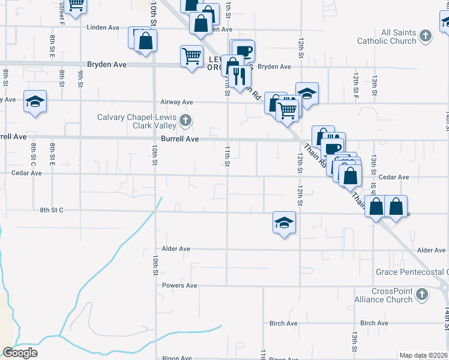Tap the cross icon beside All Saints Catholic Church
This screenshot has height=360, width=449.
[x=426, y=36]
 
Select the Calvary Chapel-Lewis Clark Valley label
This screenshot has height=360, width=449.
[x=137, y=121]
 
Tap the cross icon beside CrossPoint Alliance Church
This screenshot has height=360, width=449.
[x=422, y=295]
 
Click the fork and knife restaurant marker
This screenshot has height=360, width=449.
[x=240, y=76]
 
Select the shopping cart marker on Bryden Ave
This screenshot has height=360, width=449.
[x=191, y=56]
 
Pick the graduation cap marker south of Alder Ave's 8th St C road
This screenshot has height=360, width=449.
[x=284, y=223]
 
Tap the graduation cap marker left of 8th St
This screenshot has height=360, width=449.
[x=35, y=101]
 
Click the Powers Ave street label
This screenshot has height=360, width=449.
[x=179, y=286]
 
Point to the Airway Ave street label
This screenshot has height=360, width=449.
[x=176, y=102]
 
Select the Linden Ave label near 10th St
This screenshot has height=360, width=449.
[x=103, y=28]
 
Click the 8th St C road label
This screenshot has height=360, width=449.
[x=52, y=210]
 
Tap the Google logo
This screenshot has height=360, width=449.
[x=20, y=353]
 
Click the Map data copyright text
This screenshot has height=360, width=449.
[x=423, y=355]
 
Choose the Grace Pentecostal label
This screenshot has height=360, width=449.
[x=412, y=272]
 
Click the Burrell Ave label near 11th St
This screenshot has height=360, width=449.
[x=184, y=139]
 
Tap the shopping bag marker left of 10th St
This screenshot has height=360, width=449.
[x=145, y=41]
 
